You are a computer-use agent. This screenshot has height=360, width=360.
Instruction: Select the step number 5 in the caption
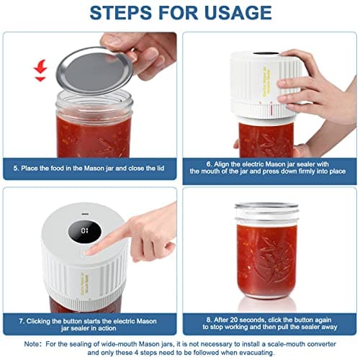(x=17, y=168)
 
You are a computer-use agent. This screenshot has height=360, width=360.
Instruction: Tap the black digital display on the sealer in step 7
(x=85, y=232)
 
